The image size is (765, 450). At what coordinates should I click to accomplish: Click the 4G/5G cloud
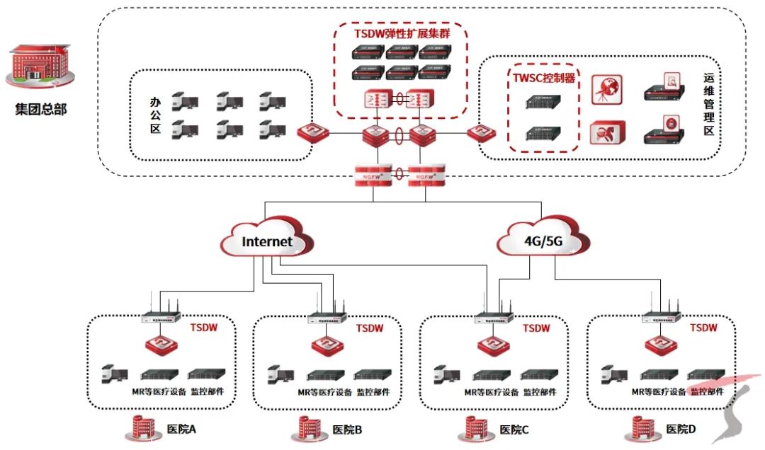click(x=543, y=242)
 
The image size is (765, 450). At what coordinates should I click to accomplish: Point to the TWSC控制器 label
click(x=544, y=78)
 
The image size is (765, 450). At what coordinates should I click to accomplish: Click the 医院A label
click(x=180, y=429)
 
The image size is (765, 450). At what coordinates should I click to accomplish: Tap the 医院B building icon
click(x=307, y=427)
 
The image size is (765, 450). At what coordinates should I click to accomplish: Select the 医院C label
click(x=514, y=429)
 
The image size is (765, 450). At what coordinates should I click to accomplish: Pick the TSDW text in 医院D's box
click(x=703, y=328)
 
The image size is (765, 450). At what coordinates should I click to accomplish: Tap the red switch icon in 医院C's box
click(x=494, y=346)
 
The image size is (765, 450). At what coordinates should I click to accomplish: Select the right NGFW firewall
click(x=425, y=174)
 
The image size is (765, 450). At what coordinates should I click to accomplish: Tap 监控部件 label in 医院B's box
click(x=375, y=391)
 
